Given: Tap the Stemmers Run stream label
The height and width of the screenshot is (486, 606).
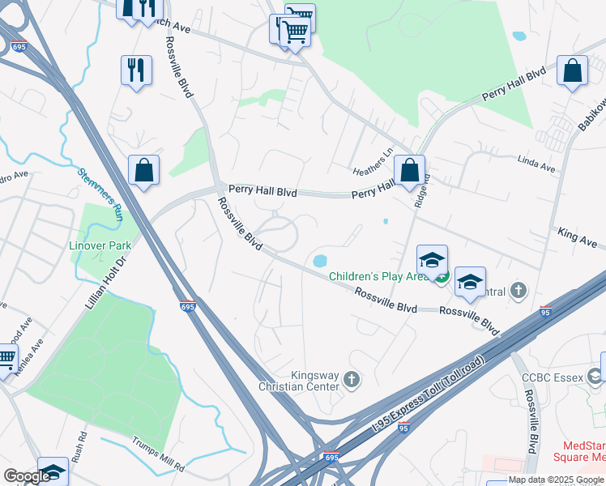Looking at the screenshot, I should [x=100, y=194].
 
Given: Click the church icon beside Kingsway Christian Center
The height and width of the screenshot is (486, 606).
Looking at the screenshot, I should [x=352, y=378].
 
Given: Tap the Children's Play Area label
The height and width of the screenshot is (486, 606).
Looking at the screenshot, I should [x=378, y=276].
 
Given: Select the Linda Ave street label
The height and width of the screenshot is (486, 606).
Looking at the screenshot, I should [x=537, y=168].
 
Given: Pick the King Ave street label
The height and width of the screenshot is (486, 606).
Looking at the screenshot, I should [x=577, y=237].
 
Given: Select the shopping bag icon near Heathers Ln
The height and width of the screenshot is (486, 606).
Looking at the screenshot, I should [x=410, y=170].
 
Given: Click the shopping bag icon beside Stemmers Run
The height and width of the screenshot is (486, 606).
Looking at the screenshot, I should [x=143, y=171].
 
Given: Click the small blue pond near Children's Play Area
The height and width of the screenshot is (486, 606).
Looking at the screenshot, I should [x=320, y=261].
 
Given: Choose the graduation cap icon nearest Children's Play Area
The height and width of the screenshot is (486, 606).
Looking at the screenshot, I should [x=433, y=259].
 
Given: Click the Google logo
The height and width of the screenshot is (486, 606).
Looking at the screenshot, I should [x=27, y=477].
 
